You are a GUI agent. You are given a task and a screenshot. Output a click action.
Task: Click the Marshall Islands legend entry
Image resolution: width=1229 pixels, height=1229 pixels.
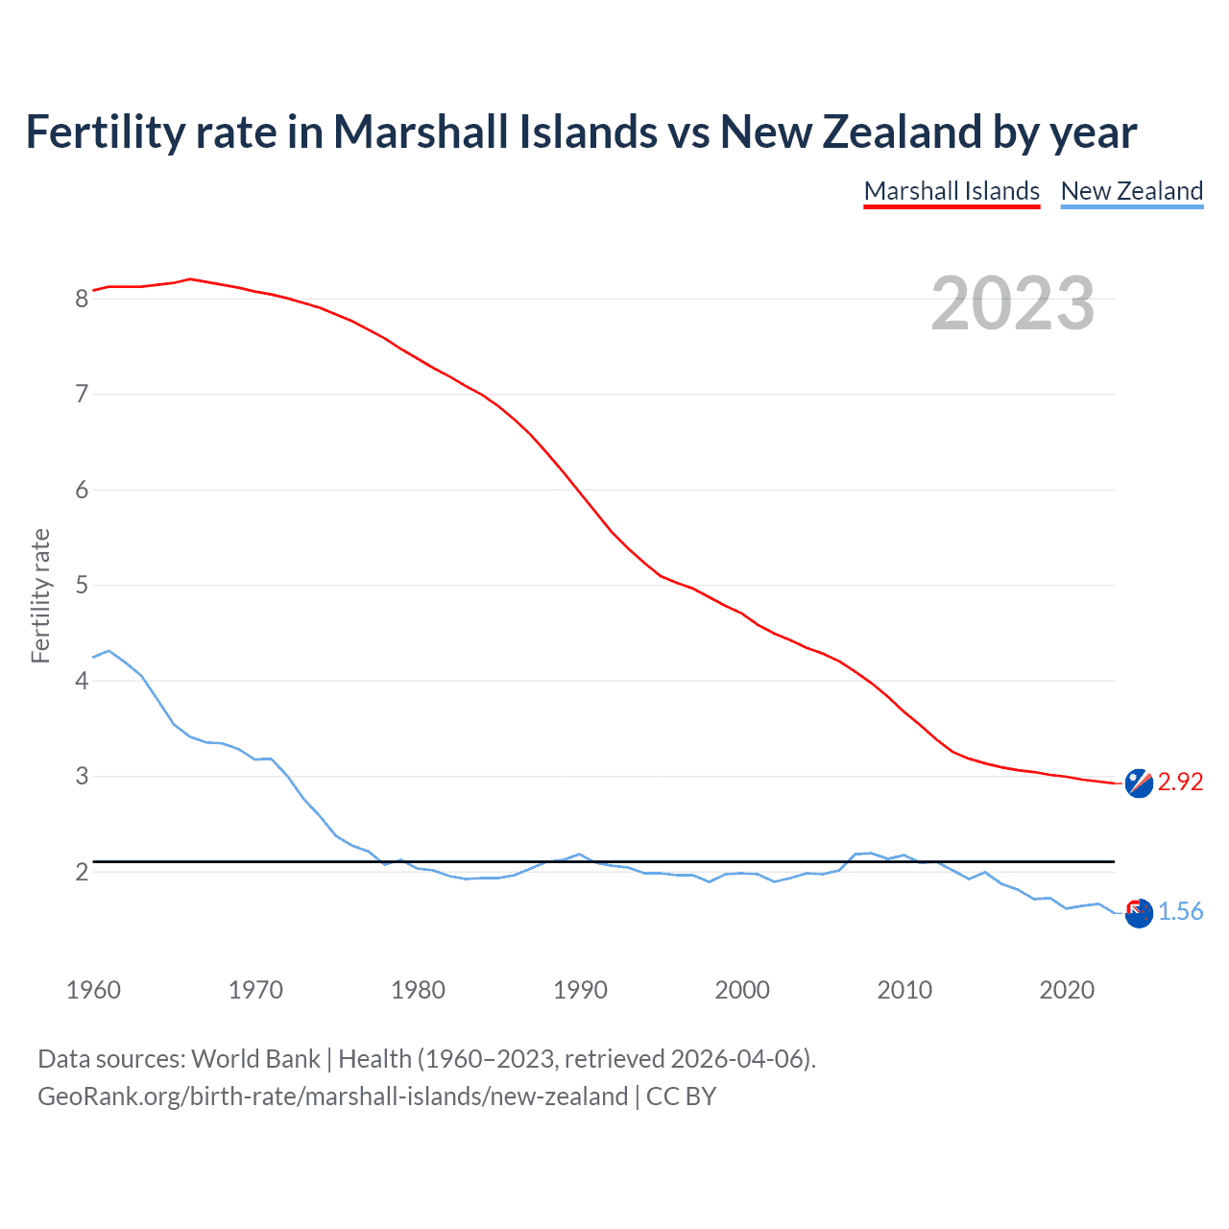pyautogui.click(x=952, y=191)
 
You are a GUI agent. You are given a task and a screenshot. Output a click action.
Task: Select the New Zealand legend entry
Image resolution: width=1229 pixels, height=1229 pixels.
pyautogui.click(x=1131, y=191)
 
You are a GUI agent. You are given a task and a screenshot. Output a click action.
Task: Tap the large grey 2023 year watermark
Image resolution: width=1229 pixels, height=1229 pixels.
pyautogui.click(x=1012, y=303)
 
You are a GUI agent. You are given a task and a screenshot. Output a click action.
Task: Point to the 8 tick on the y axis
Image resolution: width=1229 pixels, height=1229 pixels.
pyautogui.click(x=82, y=299)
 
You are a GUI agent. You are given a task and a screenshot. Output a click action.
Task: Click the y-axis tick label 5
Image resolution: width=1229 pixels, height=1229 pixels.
pyautogui.click(x=82, y=585)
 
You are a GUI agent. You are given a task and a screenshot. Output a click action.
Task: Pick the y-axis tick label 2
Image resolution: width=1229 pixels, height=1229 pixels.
pyautogui.click(x=82, y=872)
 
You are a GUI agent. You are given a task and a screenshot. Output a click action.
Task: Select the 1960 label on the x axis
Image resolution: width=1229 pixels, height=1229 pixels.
pyautogui.click(x=93, y=990)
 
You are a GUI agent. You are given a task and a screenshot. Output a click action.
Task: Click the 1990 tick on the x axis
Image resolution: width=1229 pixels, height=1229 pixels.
pyautogui.click(x=580, y=990)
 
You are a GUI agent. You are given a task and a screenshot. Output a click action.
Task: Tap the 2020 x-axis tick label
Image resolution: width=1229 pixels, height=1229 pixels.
pyautogui.click(x=1067, y=990)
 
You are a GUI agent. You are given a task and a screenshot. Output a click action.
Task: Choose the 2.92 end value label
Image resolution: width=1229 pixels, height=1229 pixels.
pyautogui.click(x=1180, y=783)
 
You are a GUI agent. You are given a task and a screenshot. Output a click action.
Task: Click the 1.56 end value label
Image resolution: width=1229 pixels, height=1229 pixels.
pyautogui.click(x=1180, y=912)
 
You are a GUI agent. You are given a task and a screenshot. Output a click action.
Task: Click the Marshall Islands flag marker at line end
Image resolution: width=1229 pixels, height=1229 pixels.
pyautogui.click(x=1139, y=783)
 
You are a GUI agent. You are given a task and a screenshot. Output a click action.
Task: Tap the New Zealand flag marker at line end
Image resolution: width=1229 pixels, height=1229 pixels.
pyautogui.click(x=1139, y=914)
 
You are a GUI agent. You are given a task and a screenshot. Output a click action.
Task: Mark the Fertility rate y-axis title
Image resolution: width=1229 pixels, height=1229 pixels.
pyautogui.click(x=40, y=595)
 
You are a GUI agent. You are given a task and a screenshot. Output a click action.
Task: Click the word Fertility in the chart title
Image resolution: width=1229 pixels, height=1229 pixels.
pyautogui.click(x=104, y=133)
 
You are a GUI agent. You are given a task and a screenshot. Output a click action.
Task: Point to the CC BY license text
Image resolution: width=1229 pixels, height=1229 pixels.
pyautogui.click(x=681, y=1096)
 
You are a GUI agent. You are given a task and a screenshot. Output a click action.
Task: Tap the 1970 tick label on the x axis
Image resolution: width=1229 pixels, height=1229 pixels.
pyautogui.click(x=255, y=990)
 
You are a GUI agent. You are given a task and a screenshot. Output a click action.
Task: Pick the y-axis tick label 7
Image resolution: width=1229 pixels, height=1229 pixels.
pyautogui.click(x=82, y=394)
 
